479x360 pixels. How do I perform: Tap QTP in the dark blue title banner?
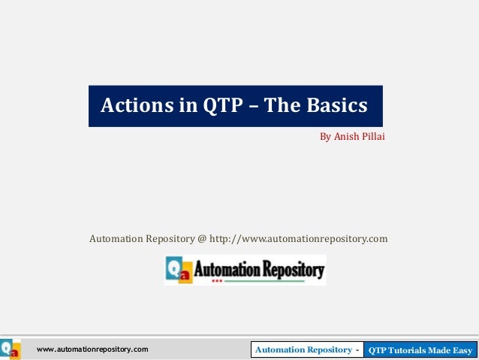click(x=221, y=104)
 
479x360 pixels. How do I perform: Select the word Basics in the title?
click(x=336, y=104)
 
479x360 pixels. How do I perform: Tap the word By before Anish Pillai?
click(x=325, y=138)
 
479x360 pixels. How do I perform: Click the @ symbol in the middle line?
click(x=201, y=239)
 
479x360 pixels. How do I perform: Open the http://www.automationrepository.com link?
click(x=298, y=239)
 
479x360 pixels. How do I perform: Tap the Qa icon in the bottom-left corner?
click(x=11, y=350)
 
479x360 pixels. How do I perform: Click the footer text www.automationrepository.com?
click(x=92, y=350)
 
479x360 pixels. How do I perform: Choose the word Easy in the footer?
click(x=460, y=350)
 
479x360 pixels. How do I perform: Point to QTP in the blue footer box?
click(x=378, y=350)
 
